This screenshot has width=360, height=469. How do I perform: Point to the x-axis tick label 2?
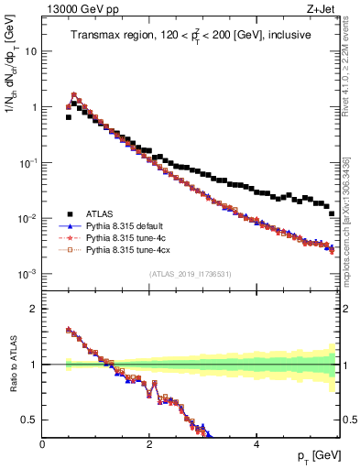[x=149, y=444]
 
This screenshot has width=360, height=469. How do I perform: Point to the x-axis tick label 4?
[x=256, y=444]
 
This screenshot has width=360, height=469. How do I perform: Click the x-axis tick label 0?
[x=42, y=444]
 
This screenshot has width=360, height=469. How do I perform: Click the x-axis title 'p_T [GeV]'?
[x=315, y=456]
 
